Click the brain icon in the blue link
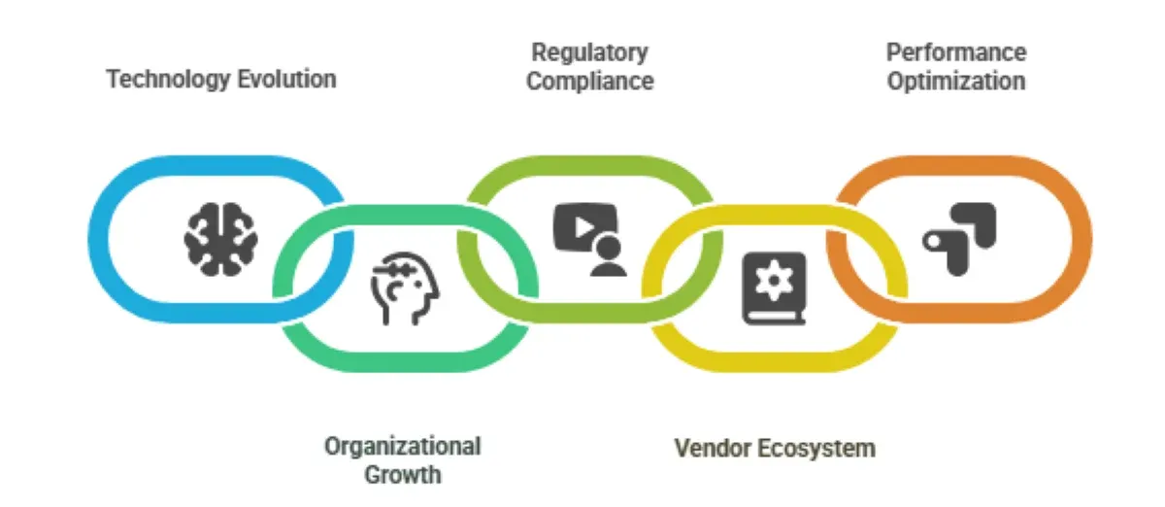[x=222, y=238]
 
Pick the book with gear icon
[x=774, y=287]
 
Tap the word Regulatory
[x=589, y=52]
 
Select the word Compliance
[x=589, y=81]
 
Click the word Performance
[x=956, y=52]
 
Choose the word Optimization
[x=956, y=81]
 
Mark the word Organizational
[x=402, y=447]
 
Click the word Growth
[x=402, y=475]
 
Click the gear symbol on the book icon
[x=775, y=281]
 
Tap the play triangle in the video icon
[x=580, y=227]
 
